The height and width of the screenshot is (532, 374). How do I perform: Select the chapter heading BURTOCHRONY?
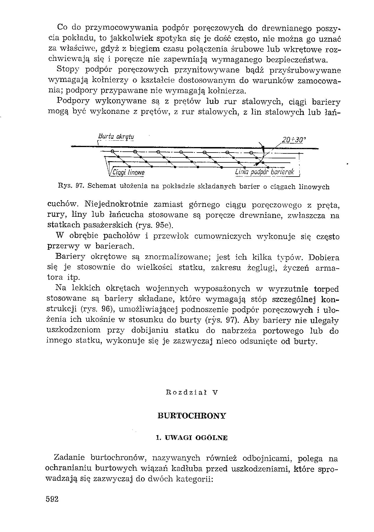tap(192, 416)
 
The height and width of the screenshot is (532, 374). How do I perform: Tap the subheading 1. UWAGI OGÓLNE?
tap(192, 438)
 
